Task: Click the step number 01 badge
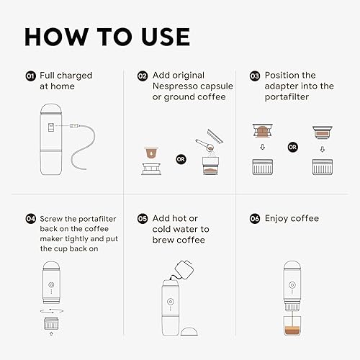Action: [x=30, y=76]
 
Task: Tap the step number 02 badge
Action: [x=142, y=76]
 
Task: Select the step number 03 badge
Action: [x=254, y=76]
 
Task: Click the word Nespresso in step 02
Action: [x=176, y=86]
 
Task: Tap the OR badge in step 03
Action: [x=292, y=148]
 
